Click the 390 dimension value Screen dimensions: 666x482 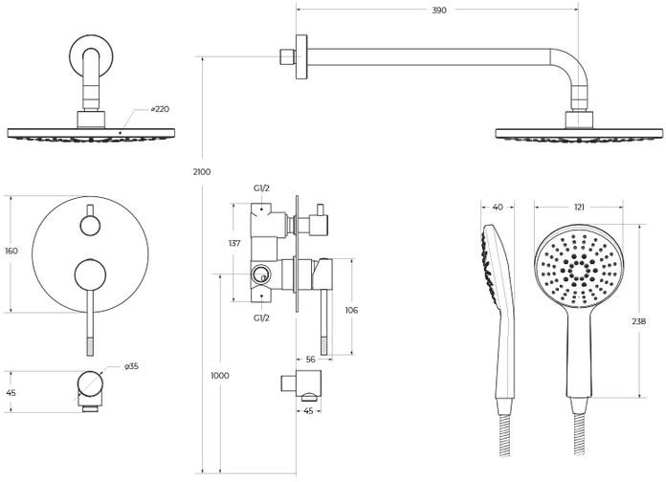click(x=439, y=11)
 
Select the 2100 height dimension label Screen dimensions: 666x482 click(x=201, y=172)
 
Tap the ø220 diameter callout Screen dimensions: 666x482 click(x=160, y=109)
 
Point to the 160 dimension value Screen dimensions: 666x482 click(x=11, y=251)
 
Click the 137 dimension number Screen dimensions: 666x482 click(x=234, y=243)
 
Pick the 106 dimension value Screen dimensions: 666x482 click(x=351, y=311)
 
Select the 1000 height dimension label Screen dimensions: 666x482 click(x=219, y=376)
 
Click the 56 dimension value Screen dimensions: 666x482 click(x=310, y=360)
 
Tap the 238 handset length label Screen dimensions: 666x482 click(x=638, y=321)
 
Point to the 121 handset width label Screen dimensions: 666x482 click(x=579, y=207)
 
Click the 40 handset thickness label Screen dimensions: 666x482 click(x=498, y=207)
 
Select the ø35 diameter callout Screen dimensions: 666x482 click(x=131, y=366)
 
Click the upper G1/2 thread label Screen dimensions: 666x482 click(x=261, y=188)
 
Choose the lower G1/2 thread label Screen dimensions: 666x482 click(x=261, y=318)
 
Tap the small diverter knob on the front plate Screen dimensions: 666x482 click(x=90, y=225)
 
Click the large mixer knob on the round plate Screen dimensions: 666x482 click(x=90, y=275)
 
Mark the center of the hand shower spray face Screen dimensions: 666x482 click(x=579, y=270)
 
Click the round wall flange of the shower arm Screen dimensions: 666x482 click(x=301, y=57)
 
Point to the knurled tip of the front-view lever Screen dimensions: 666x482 click(x=90, y=346)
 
